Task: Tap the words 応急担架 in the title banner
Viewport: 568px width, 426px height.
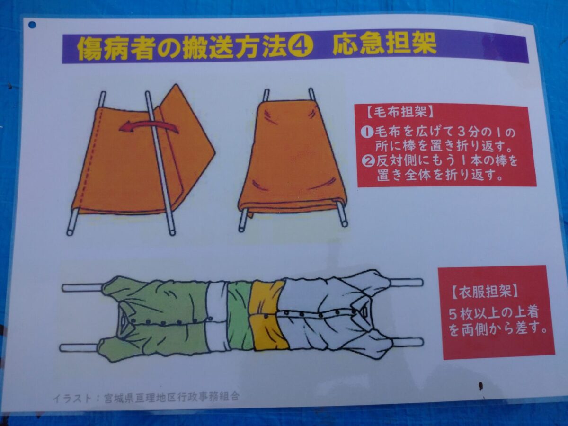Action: [384, 45]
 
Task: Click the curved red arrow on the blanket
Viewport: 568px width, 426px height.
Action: [149, 127]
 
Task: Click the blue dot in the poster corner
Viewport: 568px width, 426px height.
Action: [32, 25]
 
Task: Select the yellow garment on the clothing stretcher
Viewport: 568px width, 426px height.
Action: [268, 316]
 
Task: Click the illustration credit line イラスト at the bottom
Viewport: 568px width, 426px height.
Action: [146, 397]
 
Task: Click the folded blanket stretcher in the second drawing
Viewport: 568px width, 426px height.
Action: [292, 158]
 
